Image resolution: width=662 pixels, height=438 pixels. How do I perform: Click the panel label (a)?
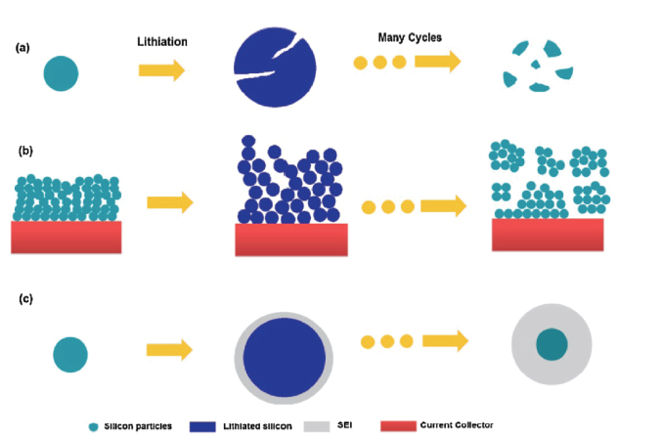(x=22, y=47)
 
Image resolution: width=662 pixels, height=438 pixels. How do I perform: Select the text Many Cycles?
(x=412, y=38)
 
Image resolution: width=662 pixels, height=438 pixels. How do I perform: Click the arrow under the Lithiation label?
(x=161, y=70)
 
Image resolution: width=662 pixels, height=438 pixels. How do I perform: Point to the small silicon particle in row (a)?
(x=61, y=72)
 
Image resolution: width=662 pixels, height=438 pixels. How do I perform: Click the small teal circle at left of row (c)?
(x=70, y=354)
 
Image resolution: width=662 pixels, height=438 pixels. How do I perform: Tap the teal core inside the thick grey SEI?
(x=552, y=343)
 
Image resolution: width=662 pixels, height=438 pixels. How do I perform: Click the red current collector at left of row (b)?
(x=66, y=237)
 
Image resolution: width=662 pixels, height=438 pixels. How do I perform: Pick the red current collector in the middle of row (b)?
(x=291, y=239)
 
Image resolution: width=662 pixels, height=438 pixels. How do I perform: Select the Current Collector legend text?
(x=457, y=424)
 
